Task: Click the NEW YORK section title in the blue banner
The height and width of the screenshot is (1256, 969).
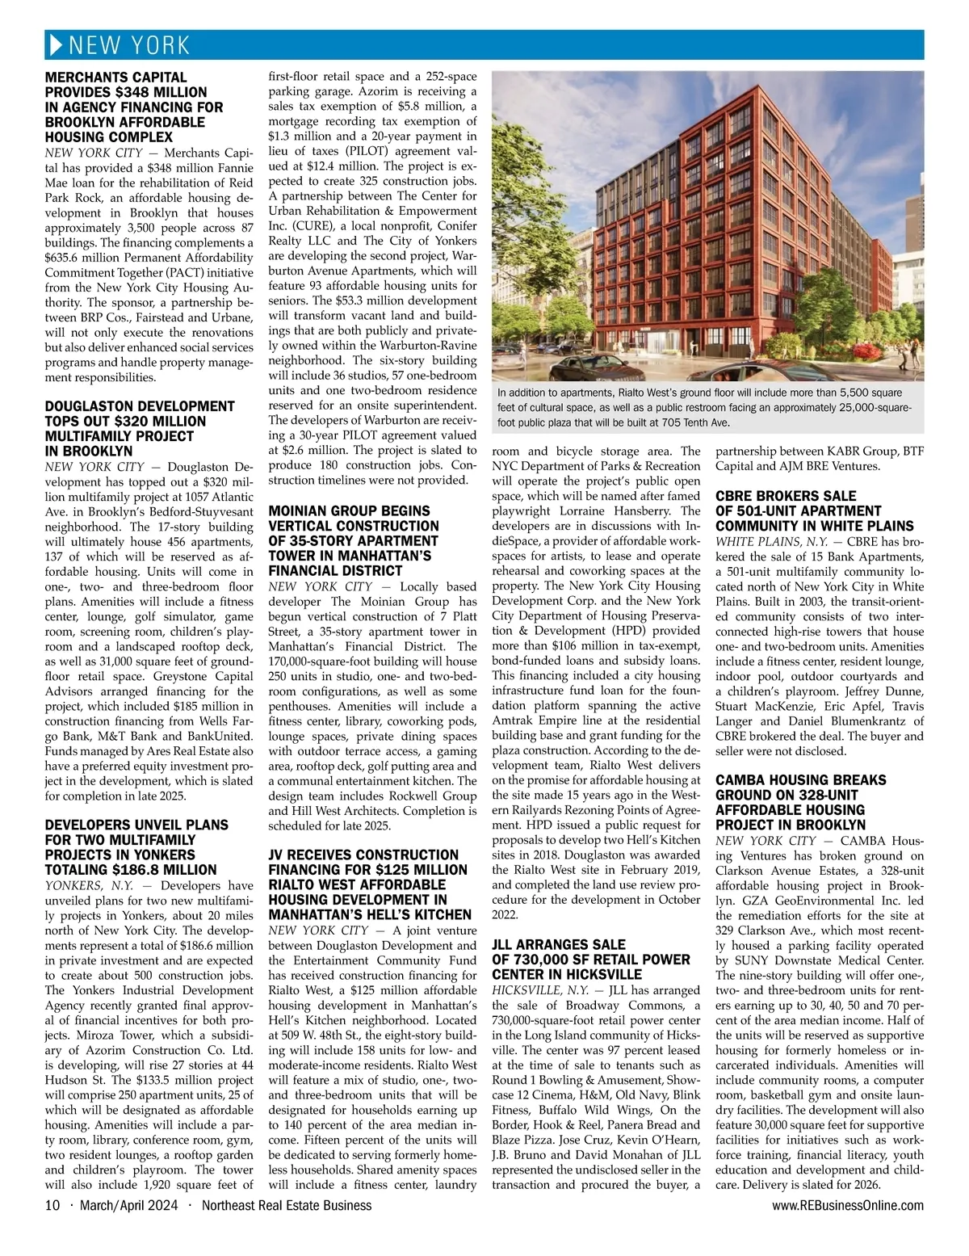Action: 129,44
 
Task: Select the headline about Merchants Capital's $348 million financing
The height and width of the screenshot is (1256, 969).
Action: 134,107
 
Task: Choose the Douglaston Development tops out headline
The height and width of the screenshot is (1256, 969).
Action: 140,428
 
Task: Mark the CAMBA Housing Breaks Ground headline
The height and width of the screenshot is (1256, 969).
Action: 800,802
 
